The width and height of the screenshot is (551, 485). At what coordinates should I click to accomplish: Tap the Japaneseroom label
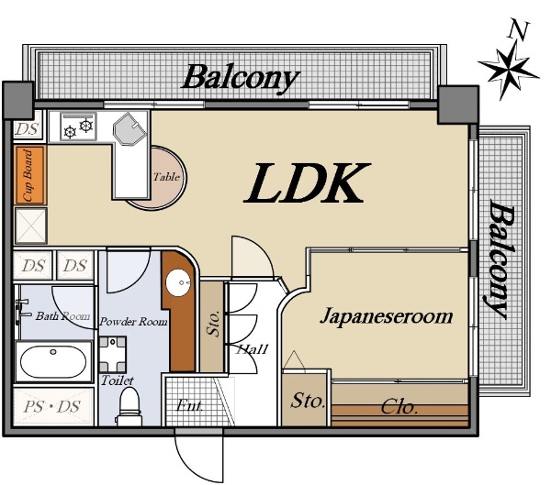[387, 316]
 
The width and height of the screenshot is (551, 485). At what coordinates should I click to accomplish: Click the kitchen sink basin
[129, 128]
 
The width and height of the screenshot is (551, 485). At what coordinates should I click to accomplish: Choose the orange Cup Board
[30, 175]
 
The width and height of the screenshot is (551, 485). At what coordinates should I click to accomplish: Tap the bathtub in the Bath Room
[53, 361]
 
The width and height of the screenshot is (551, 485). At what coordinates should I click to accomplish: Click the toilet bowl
[129, 408]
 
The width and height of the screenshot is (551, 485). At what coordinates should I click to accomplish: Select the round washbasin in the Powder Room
[178, 283]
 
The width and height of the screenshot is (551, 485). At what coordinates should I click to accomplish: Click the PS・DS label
[52, 407]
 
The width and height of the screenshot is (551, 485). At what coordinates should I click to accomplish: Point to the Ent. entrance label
[190, 405]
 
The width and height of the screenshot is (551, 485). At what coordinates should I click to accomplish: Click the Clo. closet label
[399, 408]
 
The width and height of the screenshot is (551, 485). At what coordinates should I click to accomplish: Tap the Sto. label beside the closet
[307, 401]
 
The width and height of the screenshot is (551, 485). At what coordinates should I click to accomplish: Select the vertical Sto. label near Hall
[214, 324]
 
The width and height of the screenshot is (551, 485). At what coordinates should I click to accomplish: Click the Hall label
[253, 349]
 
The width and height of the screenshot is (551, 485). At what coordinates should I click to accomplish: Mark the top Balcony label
[241, 78]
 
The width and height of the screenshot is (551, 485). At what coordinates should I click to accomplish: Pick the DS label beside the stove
[27, 129]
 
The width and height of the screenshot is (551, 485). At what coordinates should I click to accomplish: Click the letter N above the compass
[519, 30]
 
